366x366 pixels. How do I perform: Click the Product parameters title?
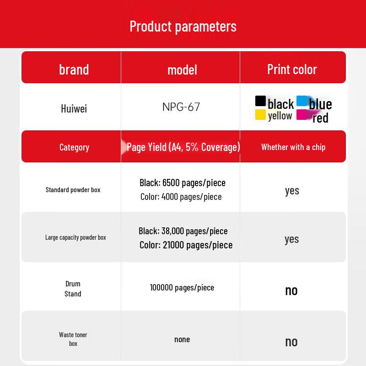(x=183, y=27)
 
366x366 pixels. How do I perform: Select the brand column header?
(x=74, y=70)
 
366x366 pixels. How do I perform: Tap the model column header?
(x=182, y=70)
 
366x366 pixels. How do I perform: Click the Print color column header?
(x=292, y=70)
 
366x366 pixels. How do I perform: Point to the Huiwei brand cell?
(x=74, y=108)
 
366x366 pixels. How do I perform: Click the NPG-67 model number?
(x=181, y=107)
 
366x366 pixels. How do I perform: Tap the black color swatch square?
(x=260, y=101)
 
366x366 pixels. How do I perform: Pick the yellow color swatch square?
(x=260, y=115)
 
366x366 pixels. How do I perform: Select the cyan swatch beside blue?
(x=302, y=101)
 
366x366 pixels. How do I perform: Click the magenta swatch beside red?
(x=302, y=115)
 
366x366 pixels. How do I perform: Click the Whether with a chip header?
(x=293, y=147)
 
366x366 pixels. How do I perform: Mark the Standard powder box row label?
(x=73, y=190)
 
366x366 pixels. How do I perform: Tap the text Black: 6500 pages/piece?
(x=183, y=183)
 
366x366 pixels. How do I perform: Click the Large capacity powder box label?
(x=75, y=237)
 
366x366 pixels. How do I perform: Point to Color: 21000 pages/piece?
(x=186, y=245)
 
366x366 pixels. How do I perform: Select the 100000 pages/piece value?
(x=182, y=288)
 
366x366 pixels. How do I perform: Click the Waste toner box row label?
(x=73, y=339)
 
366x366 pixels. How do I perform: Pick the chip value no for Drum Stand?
(x=291, y=291)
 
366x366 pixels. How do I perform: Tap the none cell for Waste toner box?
(x=182, y=339)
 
